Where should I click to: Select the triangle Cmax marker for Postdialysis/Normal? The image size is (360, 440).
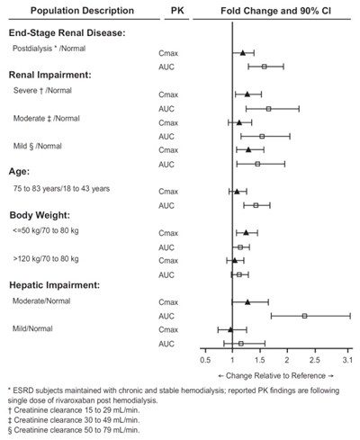[x=242, y=53]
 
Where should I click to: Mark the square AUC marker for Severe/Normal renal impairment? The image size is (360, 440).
[x=268, y=109]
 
